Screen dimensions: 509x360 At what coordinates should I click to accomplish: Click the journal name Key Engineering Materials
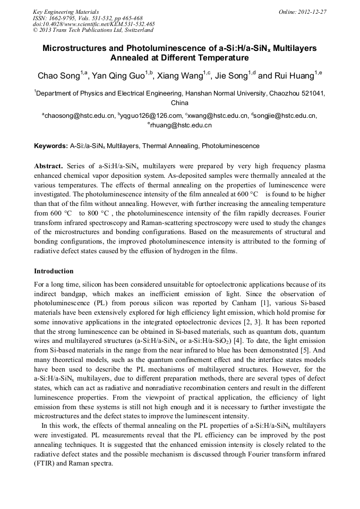[x=66, y=11]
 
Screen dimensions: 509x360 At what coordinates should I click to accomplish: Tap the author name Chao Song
[x=58, y=76]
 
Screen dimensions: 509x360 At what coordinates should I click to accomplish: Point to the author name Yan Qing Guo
[x=118, y=76]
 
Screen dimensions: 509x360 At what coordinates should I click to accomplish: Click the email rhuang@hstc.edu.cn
[x=181, y=125]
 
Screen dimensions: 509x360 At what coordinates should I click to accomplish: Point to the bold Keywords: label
[x=50, y=145]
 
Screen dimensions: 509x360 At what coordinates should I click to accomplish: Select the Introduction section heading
[x=54, y=271]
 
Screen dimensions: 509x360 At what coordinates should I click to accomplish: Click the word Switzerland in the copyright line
[x=137, y=30]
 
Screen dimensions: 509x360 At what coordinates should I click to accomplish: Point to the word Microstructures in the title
[x=81, y=48]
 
